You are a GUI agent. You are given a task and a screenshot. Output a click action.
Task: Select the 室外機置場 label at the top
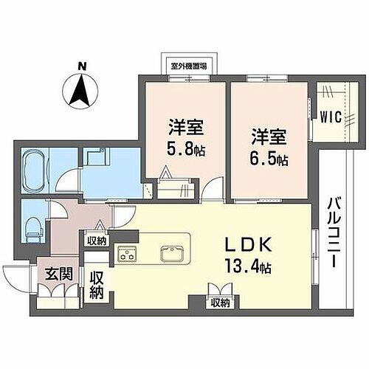tap(188, 65)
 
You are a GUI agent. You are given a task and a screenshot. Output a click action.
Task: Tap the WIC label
tap(330, 115)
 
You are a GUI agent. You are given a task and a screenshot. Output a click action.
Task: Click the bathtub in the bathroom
tap(34, 173)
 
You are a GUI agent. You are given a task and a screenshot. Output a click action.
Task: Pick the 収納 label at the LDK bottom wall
tap(219, 301)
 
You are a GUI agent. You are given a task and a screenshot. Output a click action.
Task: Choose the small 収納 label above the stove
tap(96, 240)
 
